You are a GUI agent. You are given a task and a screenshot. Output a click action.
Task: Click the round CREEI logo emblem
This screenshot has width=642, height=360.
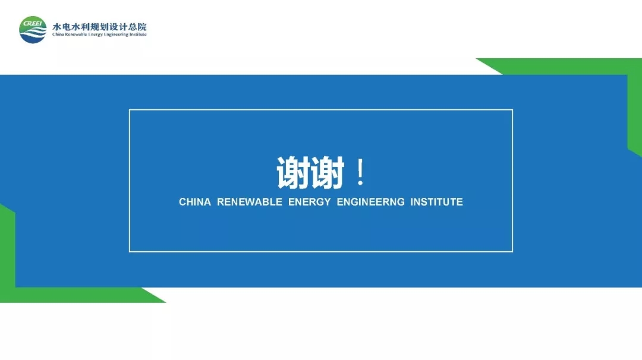(x=33, y=30)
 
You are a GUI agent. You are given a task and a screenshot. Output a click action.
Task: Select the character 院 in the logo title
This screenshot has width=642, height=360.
(x=142, y=27)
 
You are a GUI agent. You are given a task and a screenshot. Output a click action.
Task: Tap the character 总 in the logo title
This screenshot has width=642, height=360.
(x=133, y=27)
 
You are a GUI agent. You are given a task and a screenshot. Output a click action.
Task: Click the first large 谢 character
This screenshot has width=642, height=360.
(x=293, y=173)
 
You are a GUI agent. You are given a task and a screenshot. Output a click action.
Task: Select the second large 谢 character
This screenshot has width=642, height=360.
(x=327, y=173)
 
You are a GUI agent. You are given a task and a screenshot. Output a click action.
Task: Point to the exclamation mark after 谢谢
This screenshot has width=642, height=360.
(x=360, y=173)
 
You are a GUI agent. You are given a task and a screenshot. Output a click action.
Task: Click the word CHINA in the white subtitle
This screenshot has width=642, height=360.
(x=195, y=202)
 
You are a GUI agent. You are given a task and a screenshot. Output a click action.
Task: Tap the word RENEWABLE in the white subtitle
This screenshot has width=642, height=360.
(x=250, y=202)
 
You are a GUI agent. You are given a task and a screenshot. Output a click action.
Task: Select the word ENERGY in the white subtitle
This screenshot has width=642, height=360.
(x=310, y=202)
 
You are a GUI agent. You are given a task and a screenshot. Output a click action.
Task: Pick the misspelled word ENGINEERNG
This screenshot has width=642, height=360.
(x=370, y=202)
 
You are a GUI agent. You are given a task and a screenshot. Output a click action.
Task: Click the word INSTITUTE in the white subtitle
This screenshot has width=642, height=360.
(x=436, y=202)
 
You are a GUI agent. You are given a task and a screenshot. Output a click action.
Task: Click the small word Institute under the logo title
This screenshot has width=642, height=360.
(x=138, y=34)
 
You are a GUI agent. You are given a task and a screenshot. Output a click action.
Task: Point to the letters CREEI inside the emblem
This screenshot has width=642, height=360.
(x=32, y=23)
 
